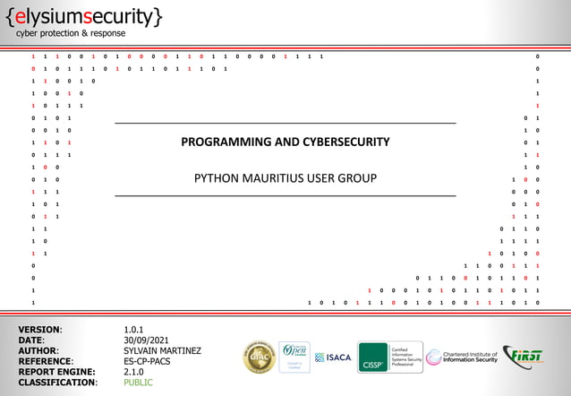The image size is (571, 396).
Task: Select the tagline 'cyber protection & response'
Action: coord(71,33)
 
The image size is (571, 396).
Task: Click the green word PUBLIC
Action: coord(140,382)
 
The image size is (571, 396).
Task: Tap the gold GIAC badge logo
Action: coord(260,357)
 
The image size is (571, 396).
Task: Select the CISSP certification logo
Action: coord(384,357)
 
